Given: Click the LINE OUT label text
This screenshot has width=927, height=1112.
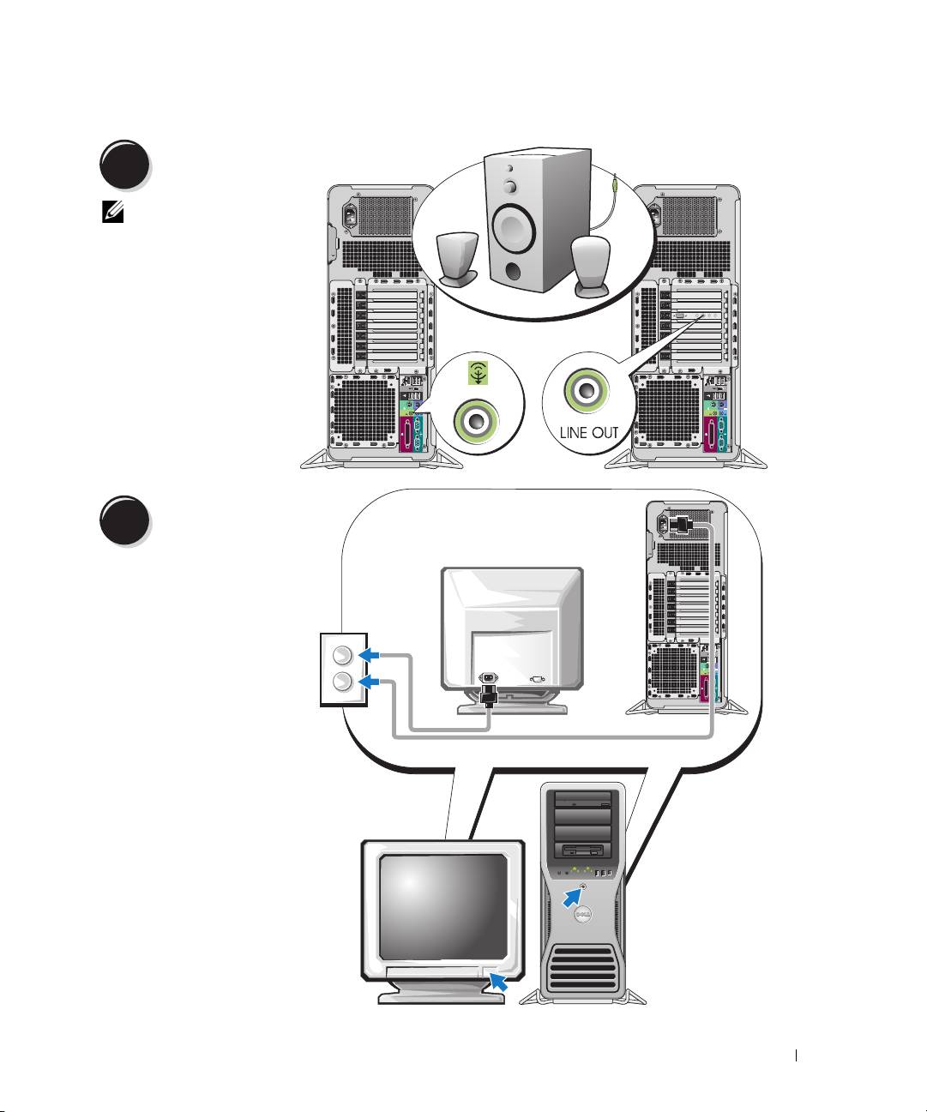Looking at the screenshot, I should [x=588, y=432].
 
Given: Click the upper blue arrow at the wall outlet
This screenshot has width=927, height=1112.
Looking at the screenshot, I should [x=370, y=655].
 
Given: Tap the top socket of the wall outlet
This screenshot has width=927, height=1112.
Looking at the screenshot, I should [x=341, y=656].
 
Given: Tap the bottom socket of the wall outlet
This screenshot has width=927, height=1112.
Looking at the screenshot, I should [x=341, y=682].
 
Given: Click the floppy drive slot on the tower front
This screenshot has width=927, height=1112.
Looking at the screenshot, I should [x=583, y=851].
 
